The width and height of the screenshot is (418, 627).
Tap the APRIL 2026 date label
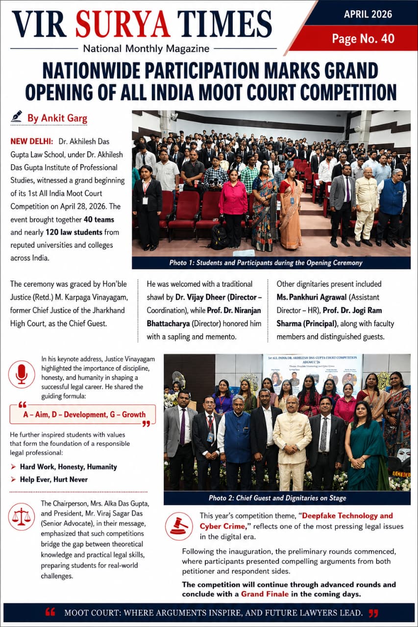[368, 14]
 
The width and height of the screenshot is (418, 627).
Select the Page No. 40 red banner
[363, 38]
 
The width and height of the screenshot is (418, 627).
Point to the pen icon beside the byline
[17, 117]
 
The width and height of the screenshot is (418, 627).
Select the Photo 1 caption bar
[271, 263]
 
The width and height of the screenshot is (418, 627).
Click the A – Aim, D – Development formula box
[82, 414]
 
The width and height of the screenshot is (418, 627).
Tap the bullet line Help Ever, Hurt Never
[53, 479]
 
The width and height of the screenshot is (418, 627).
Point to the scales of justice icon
[22, 516]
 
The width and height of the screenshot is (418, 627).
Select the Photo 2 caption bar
[287, 498]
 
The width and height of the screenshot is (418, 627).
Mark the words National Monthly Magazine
[146, 48]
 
